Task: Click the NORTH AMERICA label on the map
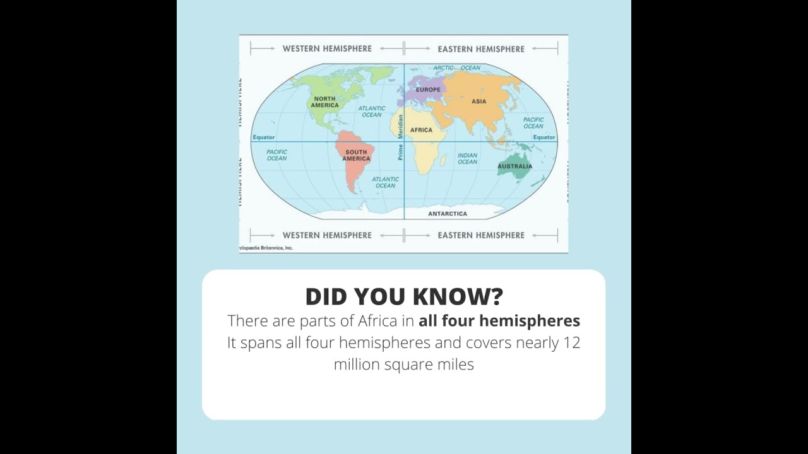pos(324,102)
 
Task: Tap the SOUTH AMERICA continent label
pos(356,155)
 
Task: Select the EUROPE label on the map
pos(428,90)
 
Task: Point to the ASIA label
pos(479,101)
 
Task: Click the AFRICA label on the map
pos(421,130)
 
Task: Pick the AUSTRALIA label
pos(514,166)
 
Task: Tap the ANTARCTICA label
pos(448,214)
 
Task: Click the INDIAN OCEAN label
pos(467,158)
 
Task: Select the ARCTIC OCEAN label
pos(456,67)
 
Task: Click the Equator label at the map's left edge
pos(264,137)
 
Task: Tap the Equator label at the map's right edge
pos(544,137)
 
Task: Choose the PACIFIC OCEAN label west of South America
pos(276,155)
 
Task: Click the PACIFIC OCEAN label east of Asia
pos(533,122)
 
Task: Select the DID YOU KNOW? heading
pos(404,296)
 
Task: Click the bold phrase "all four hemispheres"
pos(499,321)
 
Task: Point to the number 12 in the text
pos(571,343)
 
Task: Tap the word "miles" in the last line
pos(454,364)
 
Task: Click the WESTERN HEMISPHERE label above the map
pos(327,49)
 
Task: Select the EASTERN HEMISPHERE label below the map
pos(481,235)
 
